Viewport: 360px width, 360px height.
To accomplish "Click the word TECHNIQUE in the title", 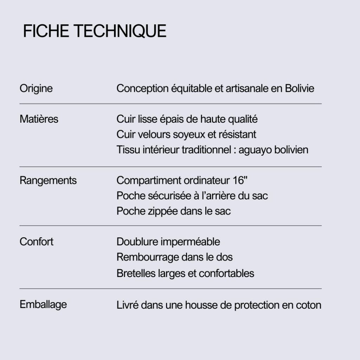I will (x=120, y=31).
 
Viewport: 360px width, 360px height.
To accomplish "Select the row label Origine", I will (x=36, y=88).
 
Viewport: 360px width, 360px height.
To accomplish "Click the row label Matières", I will (x=39, y=119).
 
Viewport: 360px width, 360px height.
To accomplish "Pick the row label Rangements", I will (x=48, y=180).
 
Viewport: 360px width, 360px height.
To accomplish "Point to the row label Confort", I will (x=37, y=242).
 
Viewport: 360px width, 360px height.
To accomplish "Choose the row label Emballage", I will (x=43, y=304).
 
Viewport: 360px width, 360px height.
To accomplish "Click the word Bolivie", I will (x=300, y=88).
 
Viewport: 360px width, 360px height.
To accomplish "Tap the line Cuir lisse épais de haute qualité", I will (x=187, y=119).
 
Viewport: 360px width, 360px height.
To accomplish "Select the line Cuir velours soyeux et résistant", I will (x=186, y=134).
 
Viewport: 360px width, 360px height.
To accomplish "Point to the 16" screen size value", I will (x=240, y=180).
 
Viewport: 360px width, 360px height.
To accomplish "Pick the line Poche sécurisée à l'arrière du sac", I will (x=192, y=195).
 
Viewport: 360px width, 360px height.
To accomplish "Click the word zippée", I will (x=157, y=211).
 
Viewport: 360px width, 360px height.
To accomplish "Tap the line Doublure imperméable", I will (x=168, y=242).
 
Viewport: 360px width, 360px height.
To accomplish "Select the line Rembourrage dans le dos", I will (x=174, y=257).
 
